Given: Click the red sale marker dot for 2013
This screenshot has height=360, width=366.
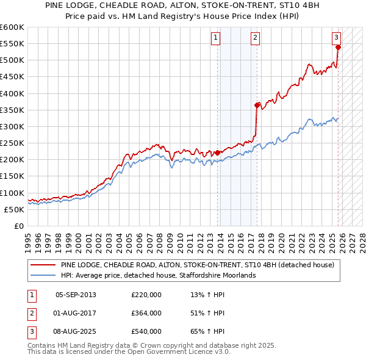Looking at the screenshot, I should (x=218, y=153).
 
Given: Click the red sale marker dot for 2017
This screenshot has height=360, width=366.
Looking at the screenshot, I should (x=257, y=105).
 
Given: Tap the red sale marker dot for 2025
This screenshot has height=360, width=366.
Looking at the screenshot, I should (x=338, y=47).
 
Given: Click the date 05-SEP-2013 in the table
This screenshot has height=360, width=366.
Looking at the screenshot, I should (x=76, y=295).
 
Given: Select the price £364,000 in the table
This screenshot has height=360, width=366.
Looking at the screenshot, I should (x=146, y=313).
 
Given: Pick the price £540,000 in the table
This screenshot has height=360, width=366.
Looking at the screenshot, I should (x=146, y=331).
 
